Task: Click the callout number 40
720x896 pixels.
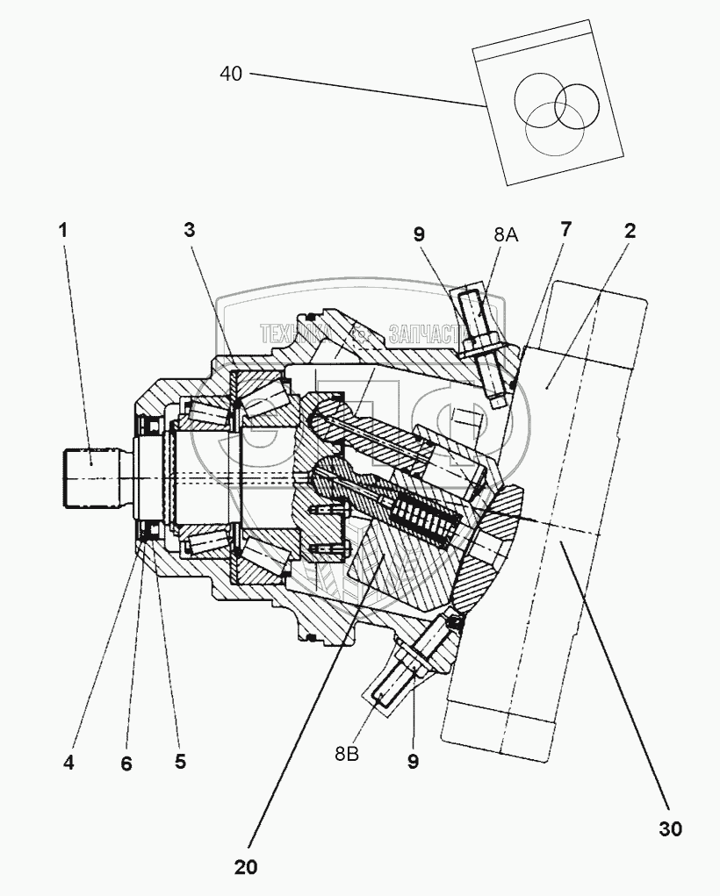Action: point(230,74)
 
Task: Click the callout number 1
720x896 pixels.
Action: point(62,231)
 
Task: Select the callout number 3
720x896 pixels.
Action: point(189,231)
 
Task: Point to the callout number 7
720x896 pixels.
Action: point(565,230)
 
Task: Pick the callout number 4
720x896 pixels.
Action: point(68,763)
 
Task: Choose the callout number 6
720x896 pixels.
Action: point(126,764)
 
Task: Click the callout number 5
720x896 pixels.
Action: point(180,762)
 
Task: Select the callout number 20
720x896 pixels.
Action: point(246,867)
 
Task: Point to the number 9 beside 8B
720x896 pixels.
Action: point(412,762)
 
